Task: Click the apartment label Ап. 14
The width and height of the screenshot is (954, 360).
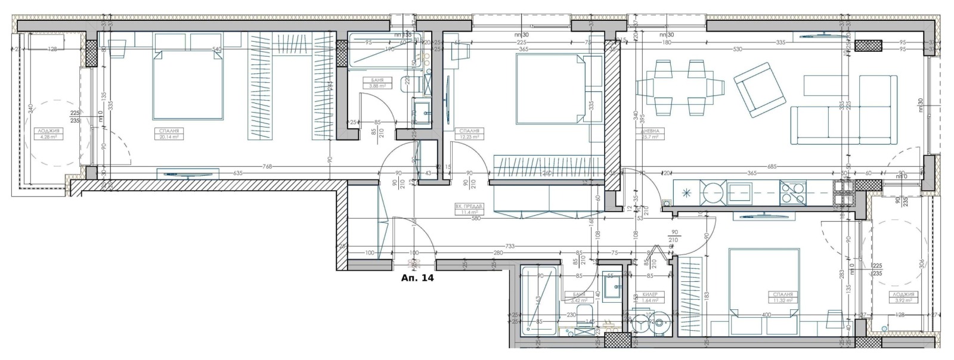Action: click(417, 278)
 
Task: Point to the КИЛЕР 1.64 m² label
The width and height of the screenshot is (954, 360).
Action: click(650, 297)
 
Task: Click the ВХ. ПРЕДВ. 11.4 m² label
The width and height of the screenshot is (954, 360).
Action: click(466, 209)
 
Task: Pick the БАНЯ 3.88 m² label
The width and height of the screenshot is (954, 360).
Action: click(377, 82)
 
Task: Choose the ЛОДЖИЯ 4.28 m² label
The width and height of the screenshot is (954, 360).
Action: click(48, 134)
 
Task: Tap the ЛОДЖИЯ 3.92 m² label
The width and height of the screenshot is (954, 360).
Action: click(904, 297)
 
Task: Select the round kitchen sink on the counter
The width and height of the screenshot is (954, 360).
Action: click(712, 193)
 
